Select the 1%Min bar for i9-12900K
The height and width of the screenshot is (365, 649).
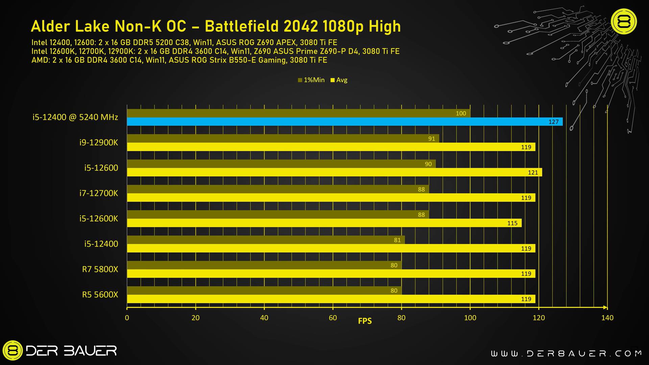pyautogui.click(x=283, y=139)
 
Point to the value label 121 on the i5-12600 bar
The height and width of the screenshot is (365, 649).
pyautogui.click(x=533, y=172)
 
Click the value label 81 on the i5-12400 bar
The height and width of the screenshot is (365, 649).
pyautogui.click(x=397, y=240)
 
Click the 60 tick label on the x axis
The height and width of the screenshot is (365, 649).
pyautogui.click(x=333, y=318)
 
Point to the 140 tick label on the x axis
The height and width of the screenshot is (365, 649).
pyautogui.click(x=607, y=318)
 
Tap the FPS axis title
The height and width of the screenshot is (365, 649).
pyautogui.click(x=365, y=321)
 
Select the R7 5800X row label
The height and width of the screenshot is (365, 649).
pyautogui.click(x=100, y=269)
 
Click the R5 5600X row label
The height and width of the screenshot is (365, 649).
pyautogui.click(x=100, y=295)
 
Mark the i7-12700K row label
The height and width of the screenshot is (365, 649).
pyautogui.click(x=99, y=193)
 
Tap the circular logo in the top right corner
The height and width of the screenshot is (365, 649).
pyautogui.click(x=624, y=22)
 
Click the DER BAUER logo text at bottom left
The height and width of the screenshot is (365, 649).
pyautogui.click(x=71, y=351)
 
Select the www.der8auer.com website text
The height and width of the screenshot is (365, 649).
pyautogui.click(x=566, y=354)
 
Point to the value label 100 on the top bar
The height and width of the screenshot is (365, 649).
pyautogui.click(x=461, y=114)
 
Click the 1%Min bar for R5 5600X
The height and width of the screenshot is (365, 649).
pyautogui.click(x=264, y=291)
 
